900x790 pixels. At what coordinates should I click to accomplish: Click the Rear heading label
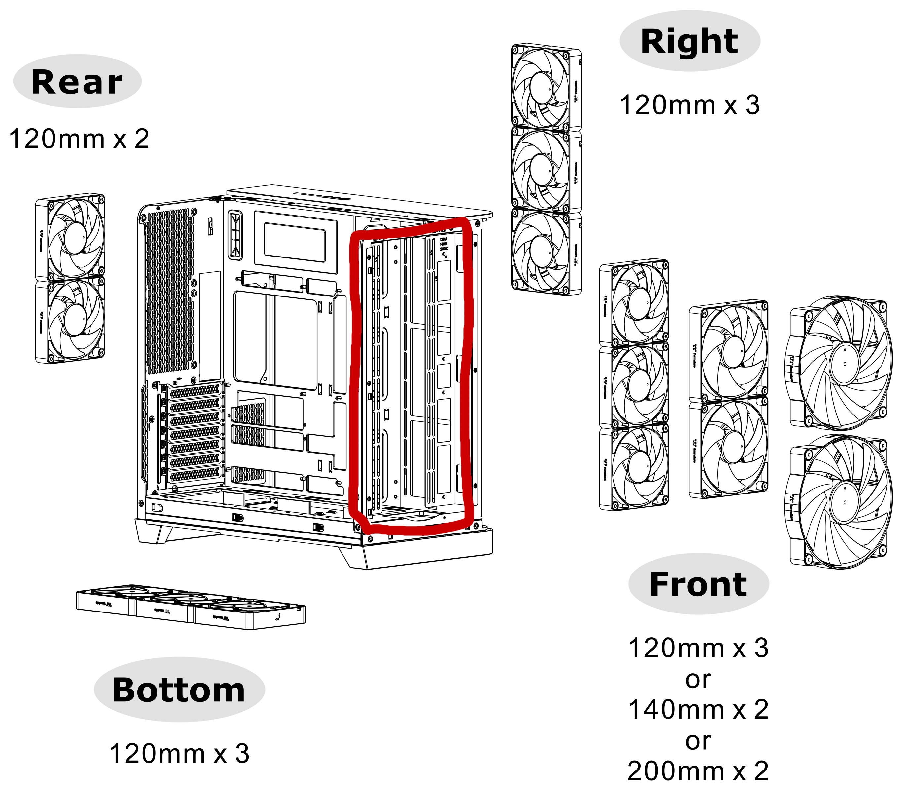(77, 82)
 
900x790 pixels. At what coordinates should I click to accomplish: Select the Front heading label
(698, 584)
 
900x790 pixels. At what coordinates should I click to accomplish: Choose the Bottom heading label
(179, 690)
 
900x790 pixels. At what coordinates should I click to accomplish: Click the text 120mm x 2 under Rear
(79, 139)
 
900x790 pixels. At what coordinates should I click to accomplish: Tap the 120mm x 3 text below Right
(690, 105)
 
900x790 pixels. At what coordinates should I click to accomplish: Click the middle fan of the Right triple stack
(546, 169)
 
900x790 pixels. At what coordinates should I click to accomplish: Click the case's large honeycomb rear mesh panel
(169, 291)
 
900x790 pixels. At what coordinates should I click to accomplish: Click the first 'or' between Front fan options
(698, 679)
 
